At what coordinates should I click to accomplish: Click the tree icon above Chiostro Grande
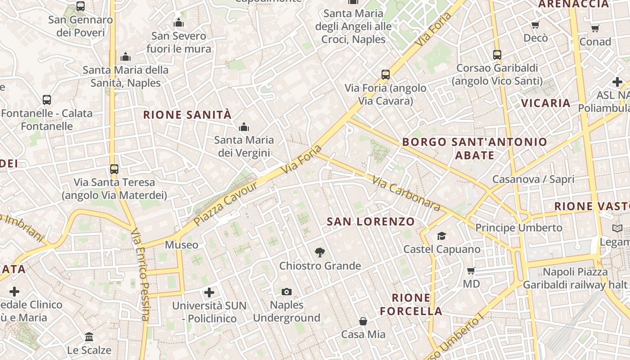(320, 252)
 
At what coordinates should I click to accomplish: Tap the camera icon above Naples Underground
(287, 292)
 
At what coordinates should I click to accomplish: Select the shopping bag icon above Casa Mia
(363, 321)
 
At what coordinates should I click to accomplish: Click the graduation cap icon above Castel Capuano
(441, 236)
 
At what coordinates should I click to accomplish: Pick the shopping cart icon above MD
(471, 270)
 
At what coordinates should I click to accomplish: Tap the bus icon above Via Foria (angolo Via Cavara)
(386, 75)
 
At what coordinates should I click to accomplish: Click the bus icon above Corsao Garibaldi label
(497, 55)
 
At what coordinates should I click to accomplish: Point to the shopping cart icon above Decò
(535, 25)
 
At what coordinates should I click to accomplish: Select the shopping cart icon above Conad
(595, 29)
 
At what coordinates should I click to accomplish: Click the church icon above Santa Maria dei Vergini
(244, 127)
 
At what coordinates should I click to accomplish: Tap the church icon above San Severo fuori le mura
(179, 22)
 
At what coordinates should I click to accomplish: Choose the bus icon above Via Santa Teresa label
(114, 169)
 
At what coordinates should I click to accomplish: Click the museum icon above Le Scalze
(89, 337)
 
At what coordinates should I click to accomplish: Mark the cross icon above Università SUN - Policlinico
(209, 293)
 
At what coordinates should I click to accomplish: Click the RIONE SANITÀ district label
(187, 115)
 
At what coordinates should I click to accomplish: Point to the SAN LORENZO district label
(371, 221)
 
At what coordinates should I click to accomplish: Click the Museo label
(181, 245)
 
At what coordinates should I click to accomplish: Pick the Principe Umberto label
(519, 228)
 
